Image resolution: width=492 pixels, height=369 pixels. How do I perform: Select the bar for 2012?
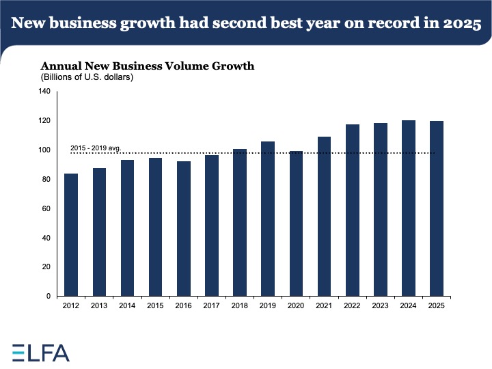(72, 234)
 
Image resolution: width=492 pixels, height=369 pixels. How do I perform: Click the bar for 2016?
(184, 228)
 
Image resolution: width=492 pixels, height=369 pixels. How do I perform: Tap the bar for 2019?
(268, 219)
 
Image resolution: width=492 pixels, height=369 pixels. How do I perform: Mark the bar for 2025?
(437, 208)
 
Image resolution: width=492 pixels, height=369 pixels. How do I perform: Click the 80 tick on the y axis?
(46, 180)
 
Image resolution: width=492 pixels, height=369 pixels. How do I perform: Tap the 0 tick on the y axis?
(49, 297)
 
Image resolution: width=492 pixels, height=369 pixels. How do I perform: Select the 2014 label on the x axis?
(128, 306)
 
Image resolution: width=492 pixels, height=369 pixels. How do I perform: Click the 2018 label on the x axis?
(240, 306)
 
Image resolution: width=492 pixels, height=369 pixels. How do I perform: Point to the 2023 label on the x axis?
(381, 306)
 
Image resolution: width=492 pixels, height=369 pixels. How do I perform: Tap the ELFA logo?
(41, 352)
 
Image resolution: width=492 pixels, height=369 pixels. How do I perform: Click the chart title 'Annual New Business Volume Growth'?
(148, 66)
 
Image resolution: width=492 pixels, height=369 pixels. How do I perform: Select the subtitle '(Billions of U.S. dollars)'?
(87, 77)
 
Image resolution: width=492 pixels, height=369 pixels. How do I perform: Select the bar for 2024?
(409, 208)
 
